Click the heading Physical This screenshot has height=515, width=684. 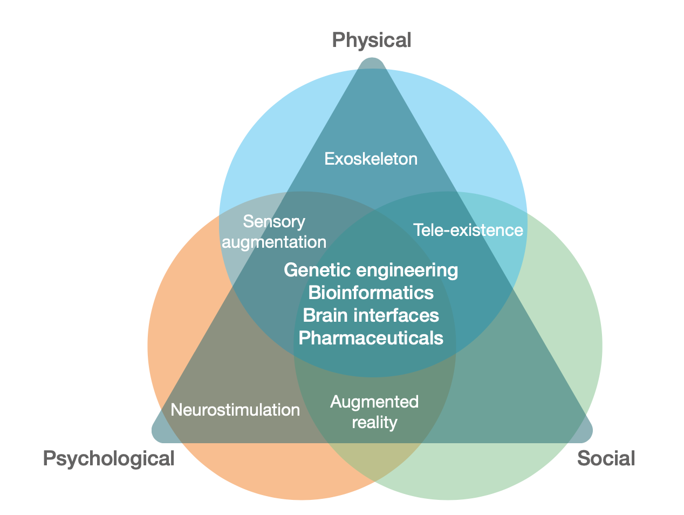371,40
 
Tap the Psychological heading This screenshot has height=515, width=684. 108,458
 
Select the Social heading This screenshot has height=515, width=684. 606,458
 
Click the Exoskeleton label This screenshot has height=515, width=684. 371,159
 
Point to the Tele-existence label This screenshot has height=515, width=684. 468,230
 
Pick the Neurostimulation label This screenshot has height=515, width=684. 235,410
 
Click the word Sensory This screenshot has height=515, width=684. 274,221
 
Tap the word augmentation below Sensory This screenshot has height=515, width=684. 274,242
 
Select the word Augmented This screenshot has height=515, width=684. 374,402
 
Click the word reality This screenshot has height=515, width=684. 374,422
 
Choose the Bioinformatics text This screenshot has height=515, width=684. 371,292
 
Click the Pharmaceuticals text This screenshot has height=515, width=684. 371,338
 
